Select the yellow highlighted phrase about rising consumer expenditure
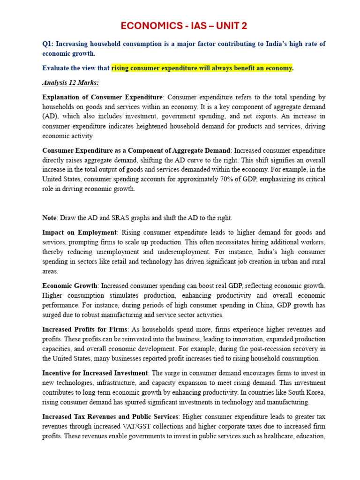[x=202, y=68]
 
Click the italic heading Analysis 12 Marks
[x=70, y=83]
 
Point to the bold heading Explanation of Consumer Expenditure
[x=102, y=97]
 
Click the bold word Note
[x=49, y=218]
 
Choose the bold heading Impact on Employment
[x=79, y=232]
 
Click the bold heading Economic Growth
[x=70, y=285]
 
